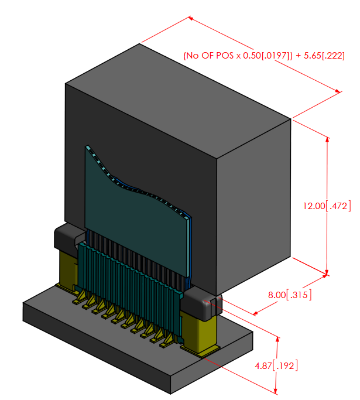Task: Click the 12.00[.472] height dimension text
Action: pyautogui.click(x=326, y=206)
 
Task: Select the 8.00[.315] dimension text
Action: pyautogui.click(x=289, y=295)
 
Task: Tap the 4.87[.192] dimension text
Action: pyautogui.click(x=276, y=366)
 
